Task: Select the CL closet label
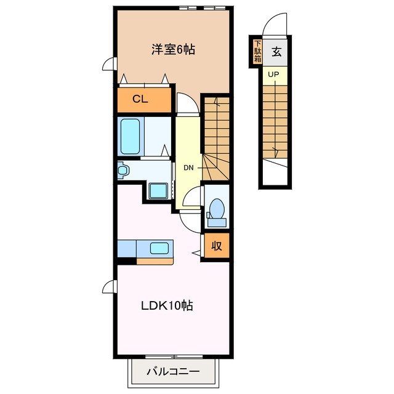point(141,100)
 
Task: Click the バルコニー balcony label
point(173,372)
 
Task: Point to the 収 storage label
point(217,245)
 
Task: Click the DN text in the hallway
point(188,167)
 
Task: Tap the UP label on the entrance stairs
point(273,75)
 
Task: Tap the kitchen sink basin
point(159,249)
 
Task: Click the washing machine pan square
point(159,191)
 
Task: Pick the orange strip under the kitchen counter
point(155,261)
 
